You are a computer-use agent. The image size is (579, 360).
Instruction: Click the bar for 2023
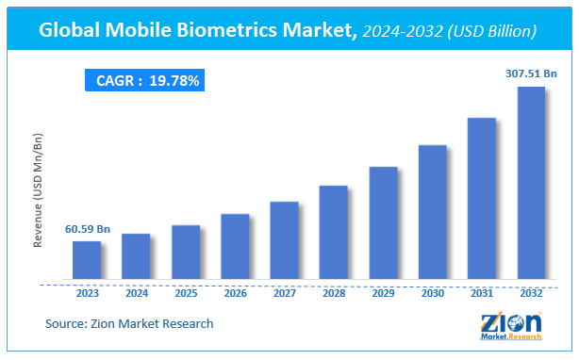(x=87, y=261)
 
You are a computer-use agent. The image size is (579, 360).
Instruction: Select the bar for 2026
(x=235, y=248)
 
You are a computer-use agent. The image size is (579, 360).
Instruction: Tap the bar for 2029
(x=383, y=224)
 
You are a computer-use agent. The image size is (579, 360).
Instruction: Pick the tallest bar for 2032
(x=531, y=184)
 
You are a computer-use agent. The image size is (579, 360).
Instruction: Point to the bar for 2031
(x=482, y=200)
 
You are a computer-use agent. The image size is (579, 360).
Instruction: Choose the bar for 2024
(x=136, y=257)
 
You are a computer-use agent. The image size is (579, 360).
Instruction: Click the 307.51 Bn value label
(x=530, y=73)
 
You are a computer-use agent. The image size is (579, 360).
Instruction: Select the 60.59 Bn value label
(x=88, y=228)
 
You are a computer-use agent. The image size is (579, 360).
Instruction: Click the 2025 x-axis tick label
(x=186, y=293)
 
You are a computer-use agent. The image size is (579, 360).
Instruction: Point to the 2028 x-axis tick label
(x=334, y=293)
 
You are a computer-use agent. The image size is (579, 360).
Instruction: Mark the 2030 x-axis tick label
(x=433, y=293)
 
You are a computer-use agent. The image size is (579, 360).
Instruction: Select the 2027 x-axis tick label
(x=284, y=293)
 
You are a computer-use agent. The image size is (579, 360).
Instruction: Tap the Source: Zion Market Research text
(x=129, y=324)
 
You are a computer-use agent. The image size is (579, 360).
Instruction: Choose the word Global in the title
(x=73, y=30)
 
